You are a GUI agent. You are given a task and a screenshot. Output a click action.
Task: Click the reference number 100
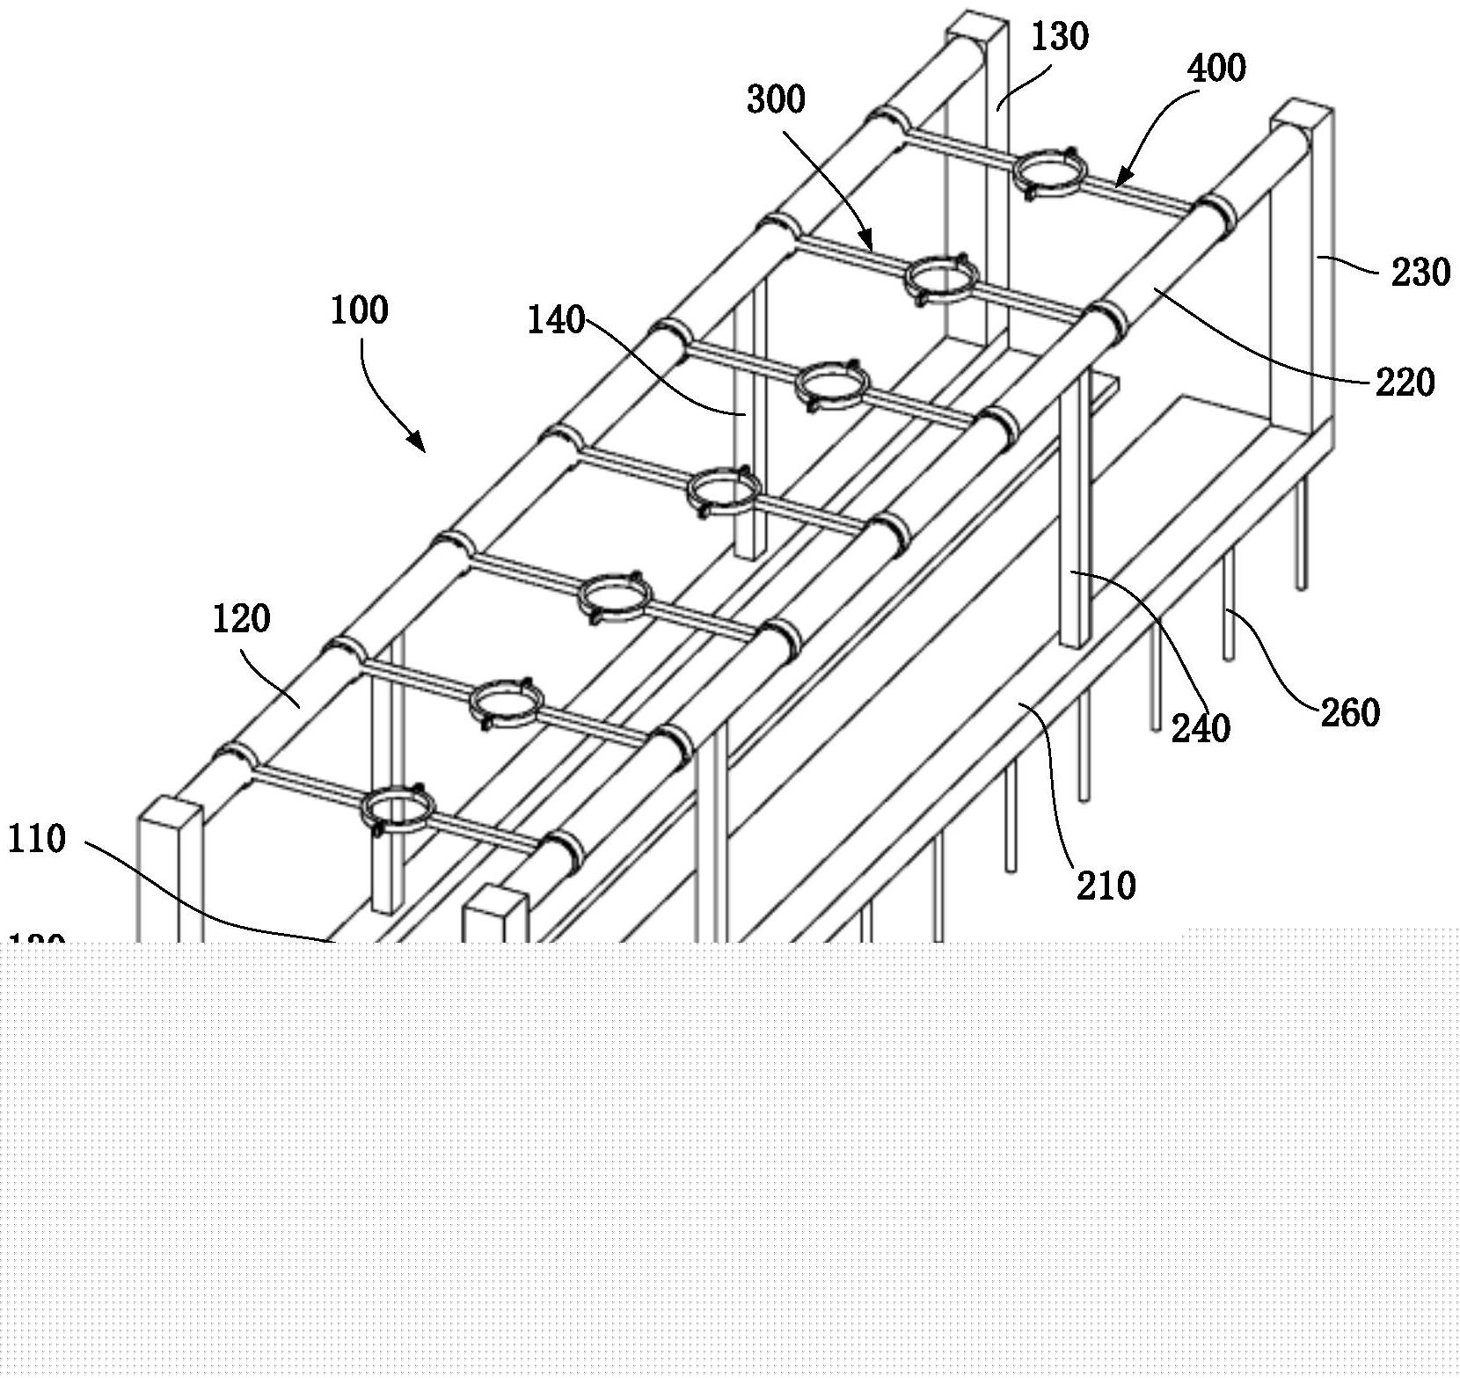click(359, 310)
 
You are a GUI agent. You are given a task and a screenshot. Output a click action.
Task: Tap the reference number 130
click(1059, 37)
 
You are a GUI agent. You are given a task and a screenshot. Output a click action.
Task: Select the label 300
click(776, 100)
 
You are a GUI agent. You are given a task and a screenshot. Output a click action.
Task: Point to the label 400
click(1216, 69)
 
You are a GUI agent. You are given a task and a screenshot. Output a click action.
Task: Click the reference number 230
click(1420, 273)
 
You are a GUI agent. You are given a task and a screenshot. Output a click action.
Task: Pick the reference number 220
click(1405, 383)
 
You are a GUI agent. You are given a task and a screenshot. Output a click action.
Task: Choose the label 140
click(556, 321)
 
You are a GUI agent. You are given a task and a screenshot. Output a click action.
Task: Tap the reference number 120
click(241, 619)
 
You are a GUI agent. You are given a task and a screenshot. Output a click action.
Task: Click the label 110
click(36, 840)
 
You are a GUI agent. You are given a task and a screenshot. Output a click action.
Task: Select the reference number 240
click(1201, 728)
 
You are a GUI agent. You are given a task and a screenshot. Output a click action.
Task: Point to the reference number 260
click(1350, 712)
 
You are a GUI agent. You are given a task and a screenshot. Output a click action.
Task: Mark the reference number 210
click(1106, 886)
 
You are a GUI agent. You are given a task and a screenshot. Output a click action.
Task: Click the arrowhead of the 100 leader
click(420, 446)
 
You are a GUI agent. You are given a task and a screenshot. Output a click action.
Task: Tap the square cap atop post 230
click(1303, 113)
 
